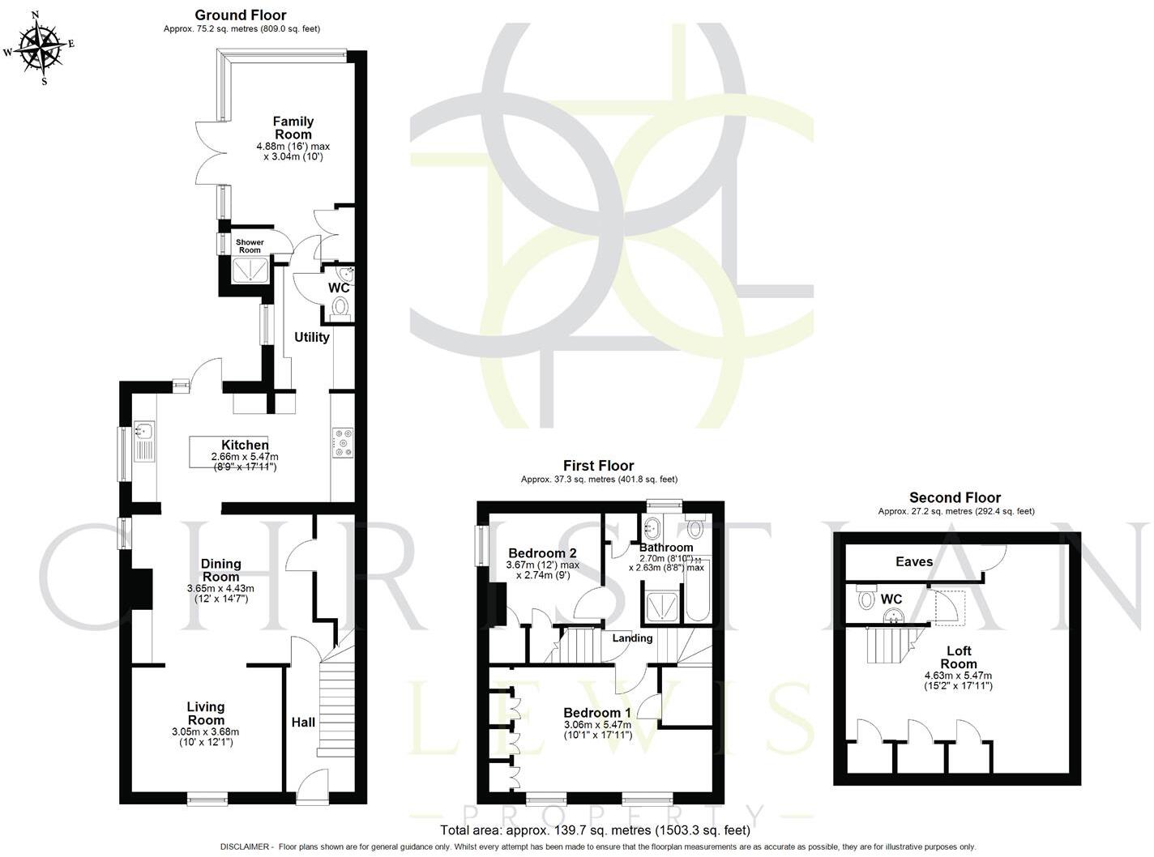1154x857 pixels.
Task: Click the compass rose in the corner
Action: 39,45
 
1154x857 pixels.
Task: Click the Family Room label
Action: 293,128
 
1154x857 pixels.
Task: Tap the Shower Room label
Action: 250,246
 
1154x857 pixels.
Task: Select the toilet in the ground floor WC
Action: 341,309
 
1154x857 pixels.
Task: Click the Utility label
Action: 312,337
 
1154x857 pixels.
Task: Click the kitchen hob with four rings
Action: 343,442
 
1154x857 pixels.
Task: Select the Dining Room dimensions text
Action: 221,593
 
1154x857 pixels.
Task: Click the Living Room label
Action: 206,713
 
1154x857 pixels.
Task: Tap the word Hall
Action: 303,722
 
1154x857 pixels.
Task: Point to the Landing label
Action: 632,638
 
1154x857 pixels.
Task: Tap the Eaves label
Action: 914,561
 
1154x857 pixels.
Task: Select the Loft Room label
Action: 959,657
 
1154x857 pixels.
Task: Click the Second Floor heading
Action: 955,497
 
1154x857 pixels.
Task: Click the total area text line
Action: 595,830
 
